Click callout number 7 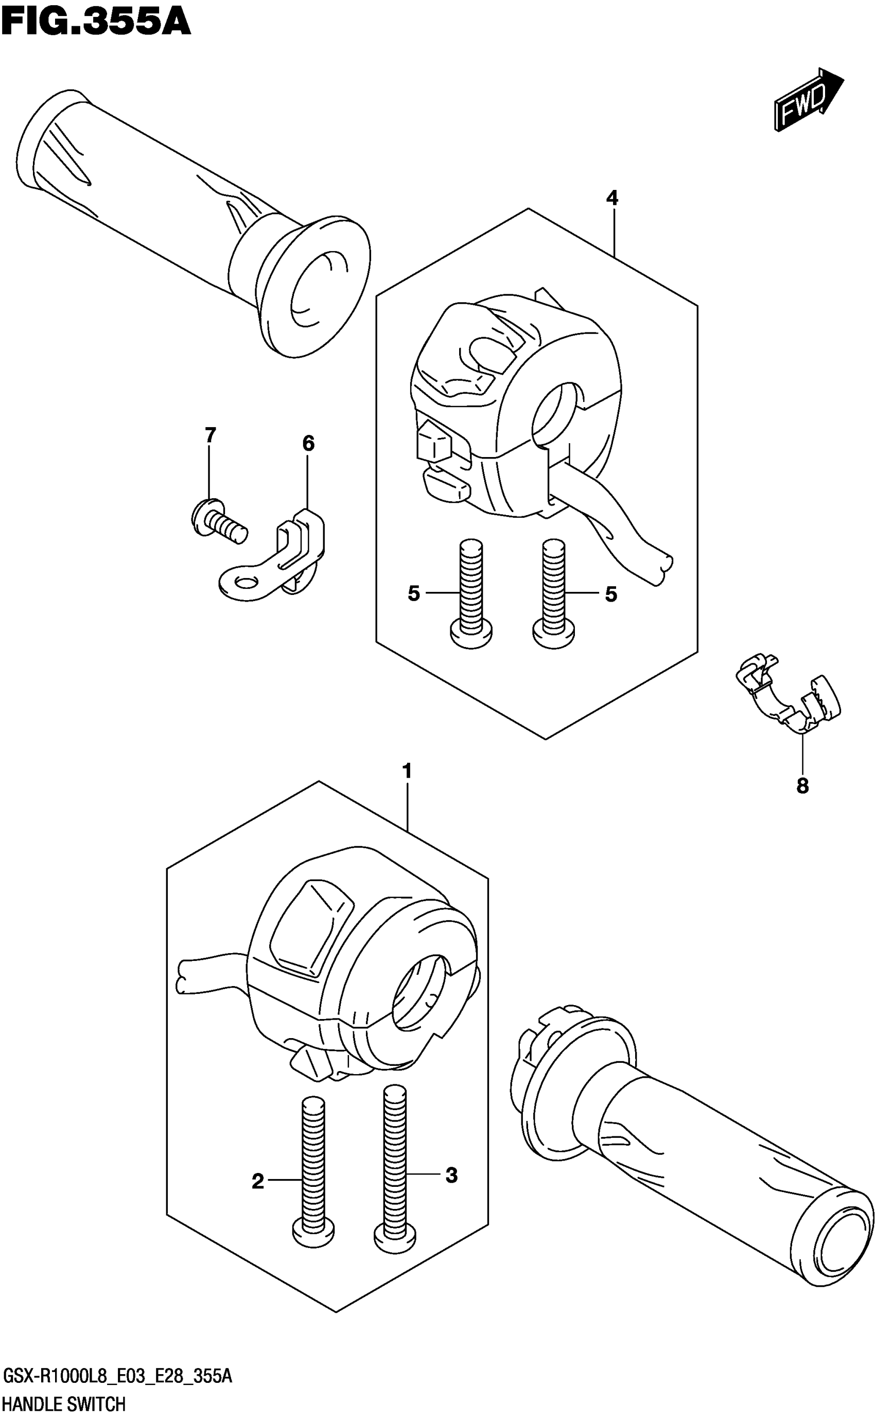point(210,434)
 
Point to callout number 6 point(308,444)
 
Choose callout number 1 point(408,771)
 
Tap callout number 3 point(451,1175)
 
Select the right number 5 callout point(611,594)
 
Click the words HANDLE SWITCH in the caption point(64,1404)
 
